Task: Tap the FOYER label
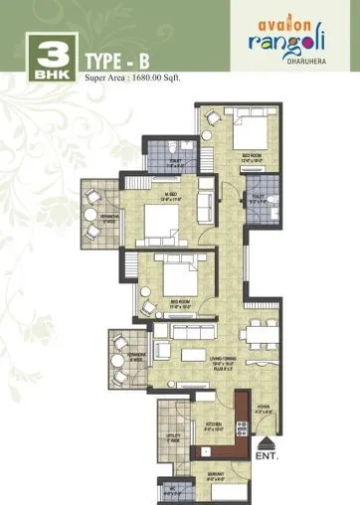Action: point(265,407)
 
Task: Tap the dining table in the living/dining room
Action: point(258,335)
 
